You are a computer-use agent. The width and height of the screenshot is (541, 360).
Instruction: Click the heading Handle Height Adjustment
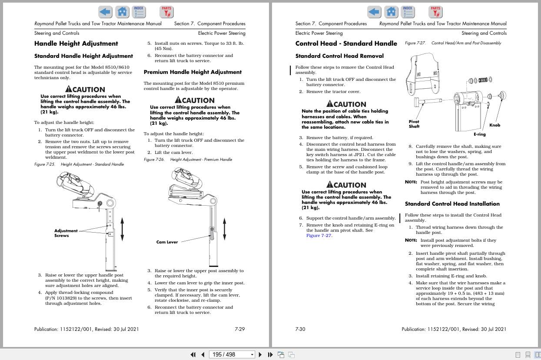pos(76,43)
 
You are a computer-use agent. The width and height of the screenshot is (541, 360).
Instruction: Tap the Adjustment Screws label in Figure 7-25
pos(66,233)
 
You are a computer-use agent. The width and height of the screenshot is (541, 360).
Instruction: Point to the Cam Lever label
pos(167,242)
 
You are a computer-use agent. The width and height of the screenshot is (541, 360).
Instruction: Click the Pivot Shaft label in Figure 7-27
pos(414,124)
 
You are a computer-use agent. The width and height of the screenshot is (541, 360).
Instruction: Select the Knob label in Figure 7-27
pos(495,125)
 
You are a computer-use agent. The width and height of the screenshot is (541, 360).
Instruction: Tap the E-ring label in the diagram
pos(479,134)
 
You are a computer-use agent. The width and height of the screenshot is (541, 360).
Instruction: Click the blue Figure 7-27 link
pos(319,236)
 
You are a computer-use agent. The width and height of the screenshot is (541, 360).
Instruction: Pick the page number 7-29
pos(239,329)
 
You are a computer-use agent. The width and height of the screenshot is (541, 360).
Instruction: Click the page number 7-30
pos(300,329)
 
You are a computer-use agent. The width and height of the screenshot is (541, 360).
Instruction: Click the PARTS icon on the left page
pos(166,12)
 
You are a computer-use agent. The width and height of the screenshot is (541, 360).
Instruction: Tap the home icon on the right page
pos(392,12)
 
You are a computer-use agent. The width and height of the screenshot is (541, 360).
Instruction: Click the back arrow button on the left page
pos(105,12)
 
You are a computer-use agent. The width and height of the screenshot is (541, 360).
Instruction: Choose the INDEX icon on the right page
pos(408,12)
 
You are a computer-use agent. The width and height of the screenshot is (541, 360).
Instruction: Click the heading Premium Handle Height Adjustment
pos(193,72)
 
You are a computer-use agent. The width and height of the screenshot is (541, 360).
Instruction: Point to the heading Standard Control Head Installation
pos(452,204)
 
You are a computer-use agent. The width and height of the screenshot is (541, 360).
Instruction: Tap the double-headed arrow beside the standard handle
pos(122,229)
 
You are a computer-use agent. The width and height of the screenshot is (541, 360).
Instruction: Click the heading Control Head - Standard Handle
pos(346,43)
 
